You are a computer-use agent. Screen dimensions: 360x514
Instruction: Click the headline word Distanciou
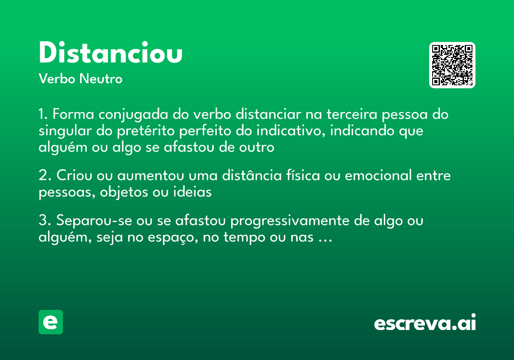point(111,53)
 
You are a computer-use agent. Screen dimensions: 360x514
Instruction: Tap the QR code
point(452,65)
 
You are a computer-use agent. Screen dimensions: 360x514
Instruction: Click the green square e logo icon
point(51,322)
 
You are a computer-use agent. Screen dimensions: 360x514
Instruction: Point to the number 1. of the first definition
point(44,115)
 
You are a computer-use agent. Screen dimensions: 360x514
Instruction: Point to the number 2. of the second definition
point(45,176)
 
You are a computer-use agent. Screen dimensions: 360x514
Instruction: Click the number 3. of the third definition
point(45,221)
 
